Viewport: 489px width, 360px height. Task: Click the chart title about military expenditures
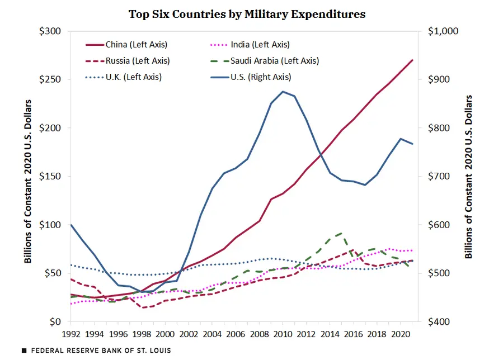[x=247, y=14]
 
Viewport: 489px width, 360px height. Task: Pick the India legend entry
[x=260, y=45]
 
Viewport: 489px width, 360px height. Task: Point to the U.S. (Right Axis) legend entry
[x=260, y=77]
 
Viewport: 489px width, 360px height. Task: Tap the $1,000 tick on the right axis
[x=443, y=31]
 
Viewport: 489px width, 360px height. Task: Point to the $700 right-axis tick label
[x=439, y=177]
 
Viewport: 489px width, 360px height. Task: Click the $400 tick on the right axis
[x=439, y=322]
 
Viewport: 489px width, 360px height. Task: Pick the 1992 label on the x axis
[x=70, y=335]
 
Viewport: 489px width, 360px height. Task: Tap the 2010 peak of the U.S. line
[x=283, y=91]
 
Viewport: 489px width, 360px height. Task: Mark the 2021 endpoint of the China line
[x=413, y=60]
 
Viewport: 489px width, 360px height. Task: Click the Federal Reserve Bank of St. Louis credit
[x=96, y=350]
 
